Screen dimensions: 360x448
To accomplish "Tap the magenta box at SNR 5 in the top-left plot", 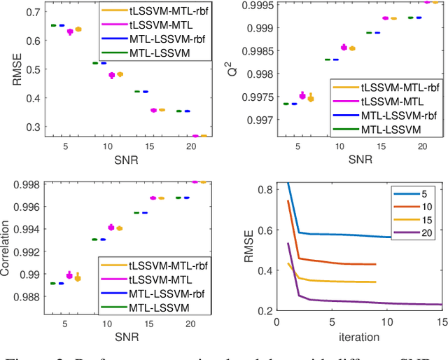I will (70, 32).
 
